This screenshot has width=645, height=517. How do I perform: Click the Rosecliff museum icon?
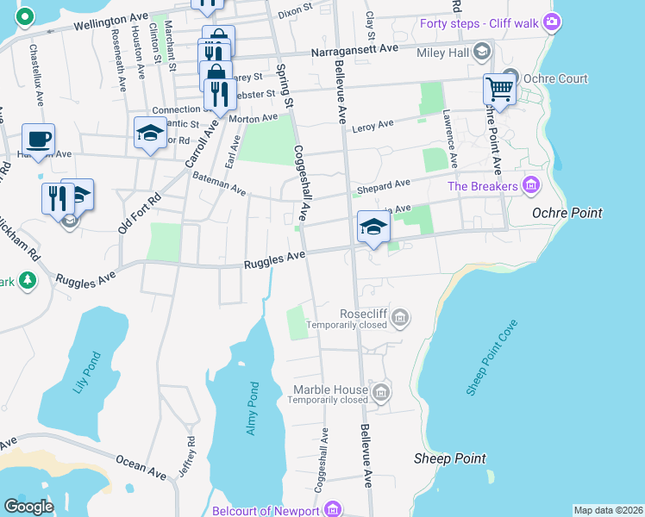[x=399, y=321]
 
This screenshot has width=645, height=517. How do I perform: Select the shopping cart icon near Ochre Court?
[x=499, y=89]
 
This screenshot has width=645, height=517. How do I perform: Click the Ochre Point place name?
[x=567, y=212]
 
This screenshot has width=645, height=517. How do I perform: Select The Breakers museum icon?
[x=530, y=184]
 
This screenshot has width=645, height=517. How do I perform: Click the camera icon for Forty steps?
[x=552, y=21]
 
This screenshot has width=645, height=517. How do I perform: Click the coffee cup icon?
[x=38, y=139]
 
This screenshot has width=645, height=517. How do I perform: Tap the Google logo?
[x=28, y=507]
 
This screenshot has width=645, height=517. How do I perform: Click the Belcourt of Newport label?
[x=273, y=510]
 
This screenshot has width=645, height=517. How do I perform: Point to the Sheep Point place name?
[x=449, y=458]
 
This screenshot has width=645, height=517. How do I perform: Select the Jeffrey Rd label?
[x=190, y=450]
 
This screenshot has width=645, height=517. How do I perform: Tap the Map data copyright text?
[x=607, y=510]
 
